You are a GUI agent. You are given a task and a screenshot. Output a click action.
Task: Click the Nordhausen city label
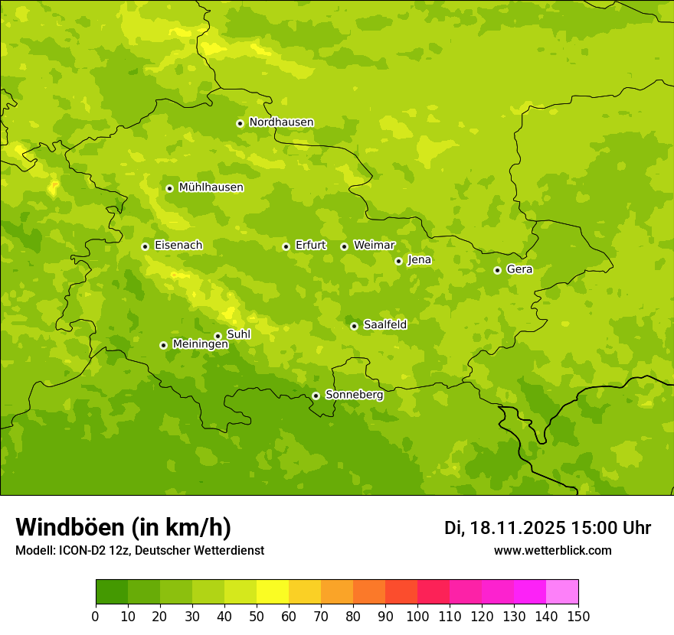point(281,122)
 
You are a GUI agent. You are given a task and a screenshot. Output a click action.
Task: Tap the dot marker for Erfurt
point(286,246)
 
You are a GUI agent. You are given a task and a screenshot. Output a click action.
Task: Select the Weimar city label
point(374,246)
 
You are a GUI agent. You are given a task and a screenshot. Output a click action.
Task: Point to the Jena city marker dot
point(398,261)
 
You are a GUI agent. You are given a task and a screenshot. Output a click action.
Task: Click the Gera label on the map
point(519,269)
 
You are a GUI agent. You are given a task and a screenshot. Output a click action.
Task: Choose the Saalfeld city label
point(384,325)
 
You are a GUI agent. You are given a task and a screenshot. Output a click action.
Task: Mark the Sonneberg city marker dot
point(316,396)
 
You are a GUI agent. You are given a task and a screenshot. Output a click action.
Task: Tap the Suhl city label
point(238,334)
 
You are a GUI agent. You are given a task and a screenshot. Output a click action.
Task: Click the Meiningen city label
point(200,344)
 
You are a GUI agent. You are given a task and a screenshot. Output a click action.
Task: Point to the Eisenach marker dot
point(145,246)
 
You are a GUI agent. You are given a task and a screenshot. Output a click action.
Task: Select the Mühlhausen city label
point(211,187)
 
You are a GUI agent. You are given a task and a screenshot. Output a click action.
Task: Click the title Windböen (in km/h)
point(123,527)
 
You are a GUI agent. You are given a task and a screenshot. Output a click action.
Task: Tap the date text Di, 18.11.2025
point(505,528)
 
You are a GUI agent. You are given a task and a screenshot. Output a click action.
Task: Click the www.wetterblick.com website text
point(552,550)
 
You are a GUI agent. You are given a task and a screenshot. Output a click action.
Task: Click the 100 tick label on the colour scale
point(417,616)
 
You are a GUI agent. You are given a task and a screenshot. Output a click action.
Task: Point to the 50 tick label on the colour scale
point(257,616)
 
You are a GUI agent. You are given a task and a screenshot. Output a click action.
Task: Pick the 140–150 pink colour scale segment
point(562,592)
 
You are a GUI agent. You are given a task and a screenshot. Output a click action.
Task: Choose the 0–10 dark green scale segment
point(112,592)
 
